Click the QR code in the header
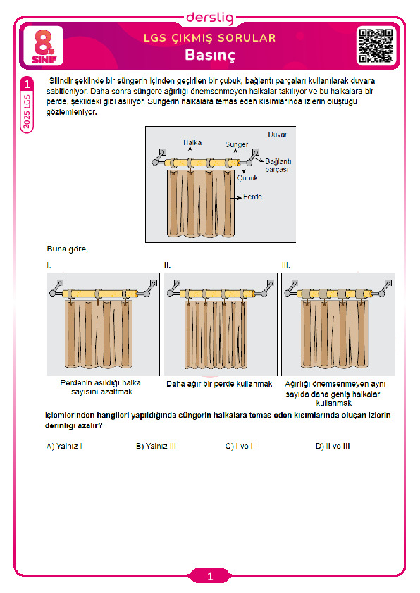click(x=376, y=46)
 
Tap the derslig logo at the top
click(x=211, y=18)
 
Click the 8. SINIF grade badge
click(x=44, y=46)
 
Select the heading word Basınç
click(x=210, y=55)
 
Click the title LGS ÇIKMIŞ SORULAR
click(x=210, y=38)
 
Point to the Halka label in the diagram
click(x=192, y=142)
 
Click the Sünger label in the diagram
click(x=237, y=144)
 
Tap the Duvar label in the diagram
click(x=278, y=135)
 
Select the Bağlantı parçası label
click(x=278, y=166)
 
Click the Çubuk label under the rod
click(x=247, y=177)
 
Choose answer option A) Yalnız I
click(x=64, y=446)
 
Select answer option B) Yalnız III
click(x=156, y=446)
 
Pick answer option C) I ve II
click(x=240, y=446)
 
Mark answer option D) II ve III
click(x=333, y=446)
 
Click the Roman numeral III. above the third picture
click(x=285, y=265)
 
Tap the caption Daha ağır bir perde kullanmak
click(x=219, y=384)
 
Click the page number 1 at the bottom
click(x=211, y=576)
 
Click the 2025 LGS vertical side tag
click(x=27, y=111)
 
